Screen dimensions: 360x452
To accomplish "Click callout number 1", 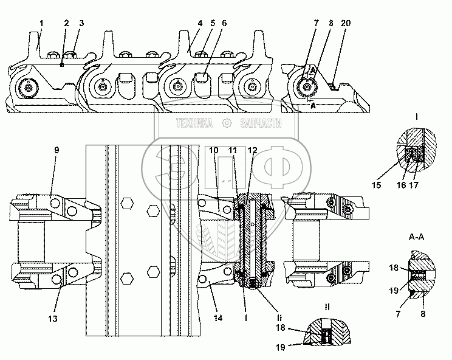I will click(41, 23).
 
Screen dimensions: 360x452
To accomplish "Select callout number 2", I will click(67, 23).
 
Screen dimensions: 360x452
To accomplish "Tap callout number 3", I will click(81, 23).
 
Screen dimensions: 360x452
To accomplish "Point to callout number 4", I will click(199, 23).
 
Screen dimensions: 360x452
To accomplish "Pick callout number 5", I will click(212, 23).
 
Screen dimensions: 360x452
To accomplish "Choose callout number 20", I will click(345, 23).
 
